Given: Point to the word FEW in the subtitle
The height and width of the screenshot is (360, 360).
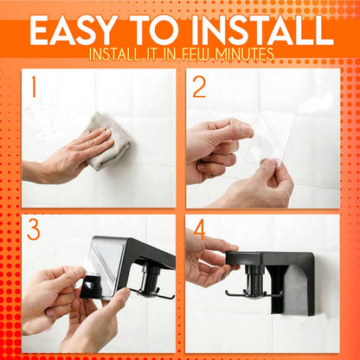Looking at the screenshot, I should (x=198, y=55).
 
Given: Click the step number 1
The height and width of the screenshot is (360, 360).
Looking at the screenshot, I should (x=32, y=87).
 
